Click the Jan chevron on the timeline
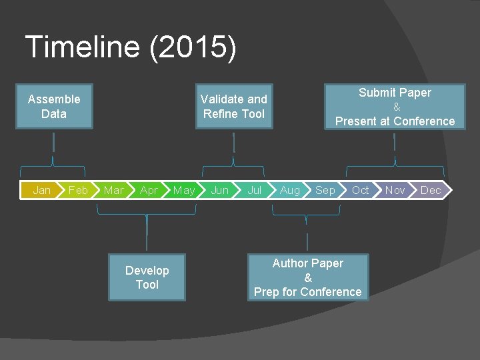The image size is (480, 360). (42, 190)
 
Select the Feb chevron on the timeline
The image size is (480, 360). (78, 190)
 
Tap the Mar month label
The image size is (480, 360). (113, 190)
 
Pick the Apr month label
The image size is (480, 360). (149, 190)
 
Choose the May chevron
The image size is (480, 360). (184, 190)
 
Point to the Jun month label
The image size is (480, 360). (219, 190)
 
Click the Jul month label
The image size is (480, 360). (255, 190)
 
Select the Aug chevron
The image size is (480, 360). (290, 190)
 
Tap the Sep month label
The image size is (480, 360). (325, 190)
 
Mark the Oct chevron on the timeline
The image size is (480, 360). (361, 190)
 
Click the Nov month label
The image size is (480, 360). (395, 190)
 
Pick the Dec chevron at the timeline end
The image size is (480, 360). (431, 190)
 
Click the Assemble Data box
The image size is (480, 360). (54, 107)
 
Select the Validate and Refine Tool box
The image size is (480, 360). (234, 107)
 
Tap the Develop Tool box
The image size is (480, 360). (147, 277)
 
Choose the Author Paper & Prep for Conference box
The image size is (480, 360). (308, 277)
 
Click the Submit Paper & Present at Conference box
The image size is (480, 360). (395, 107)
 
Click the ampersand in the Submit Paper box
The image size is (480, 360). (397, 107)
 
